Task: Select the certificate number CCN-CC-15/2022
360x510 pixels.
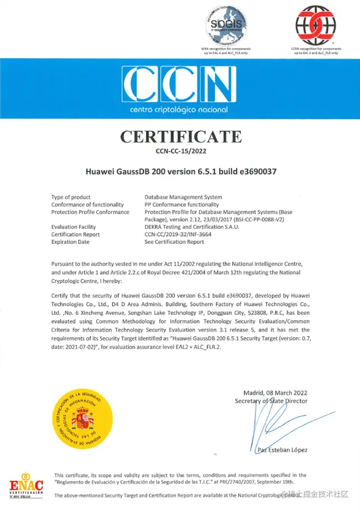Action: pyautogui.click(x=180, y=150)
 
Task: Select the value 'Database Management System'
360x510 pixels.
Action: pyautogui.click(x=183, y=197)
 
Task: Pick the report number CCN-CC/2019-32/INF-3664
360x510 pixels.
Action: pyautogui.click(x=178, y=234)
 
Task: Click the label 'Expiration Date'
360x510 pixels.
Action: pyautogui.click(x=70, y=242)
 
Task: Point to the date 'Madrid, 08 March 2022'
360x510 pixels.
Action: pyautogui.click(x=275, y=393)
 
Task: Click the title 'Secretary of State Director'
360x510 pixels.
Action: pyautogui.click(x=271, y=400)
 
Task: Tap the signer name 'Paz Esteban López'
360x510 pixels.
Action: pyautogui.click(x=282, y=450)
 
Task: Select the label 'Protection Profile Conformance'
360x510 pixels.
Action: pyautogui.click(x=90, y=212)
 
